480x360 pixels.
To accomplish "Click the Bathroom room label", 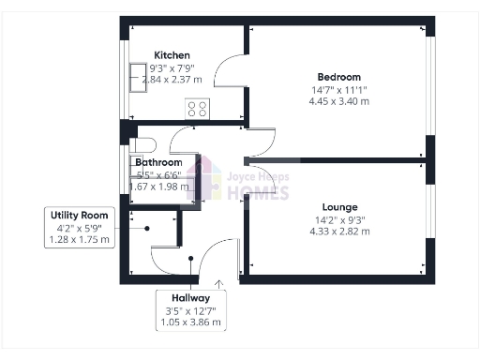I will click(157, 162).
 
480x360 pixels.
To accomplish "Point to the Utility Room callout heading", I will click(79, 215).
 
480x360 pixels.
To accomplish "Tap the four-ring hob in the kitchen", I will click(198, 109).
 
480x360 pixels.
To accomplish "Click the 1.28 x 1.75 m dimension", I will click(79, 240).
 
